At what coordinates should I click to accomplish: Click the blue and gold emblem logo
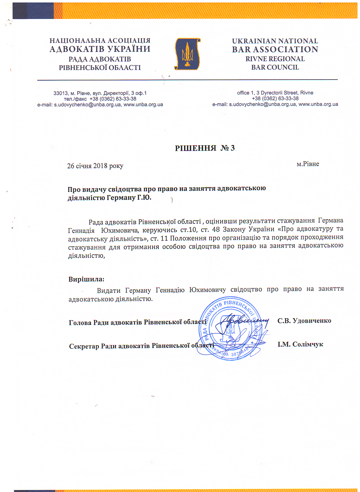point(187,54)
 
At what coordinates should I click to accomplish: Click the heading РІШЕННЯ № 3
point(205,148)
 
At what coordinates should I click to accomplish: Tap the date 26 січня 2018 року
point(95,166)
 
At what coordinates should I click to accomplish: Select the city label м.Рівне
point(307,164)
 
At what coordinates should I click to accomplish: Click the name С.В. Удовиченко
point(304,321)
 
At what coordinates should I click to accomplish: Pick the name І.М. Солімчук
point(300,344)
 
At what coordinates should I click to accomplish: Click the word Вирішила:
point(86,279)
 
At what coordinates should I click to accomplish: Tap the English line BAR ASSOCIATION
point(275,49)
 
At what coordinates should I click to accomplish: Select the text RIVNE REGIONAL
point(275,59)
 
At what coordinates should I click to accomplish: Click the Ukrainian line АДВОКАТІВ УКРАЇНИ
point(100,49)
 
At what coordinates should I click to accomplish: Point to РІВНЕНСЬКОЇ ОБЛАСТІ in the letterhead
point(100,68)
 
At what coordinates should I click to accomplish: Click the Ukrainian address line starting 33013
point(100,93)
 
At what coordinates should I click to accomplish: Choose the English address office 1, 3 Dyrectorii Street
point(275,93)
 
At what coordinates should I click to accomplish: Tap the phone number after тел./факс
point(113,99)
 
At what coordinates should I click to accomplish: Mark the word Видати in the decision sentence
point(109,291)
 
